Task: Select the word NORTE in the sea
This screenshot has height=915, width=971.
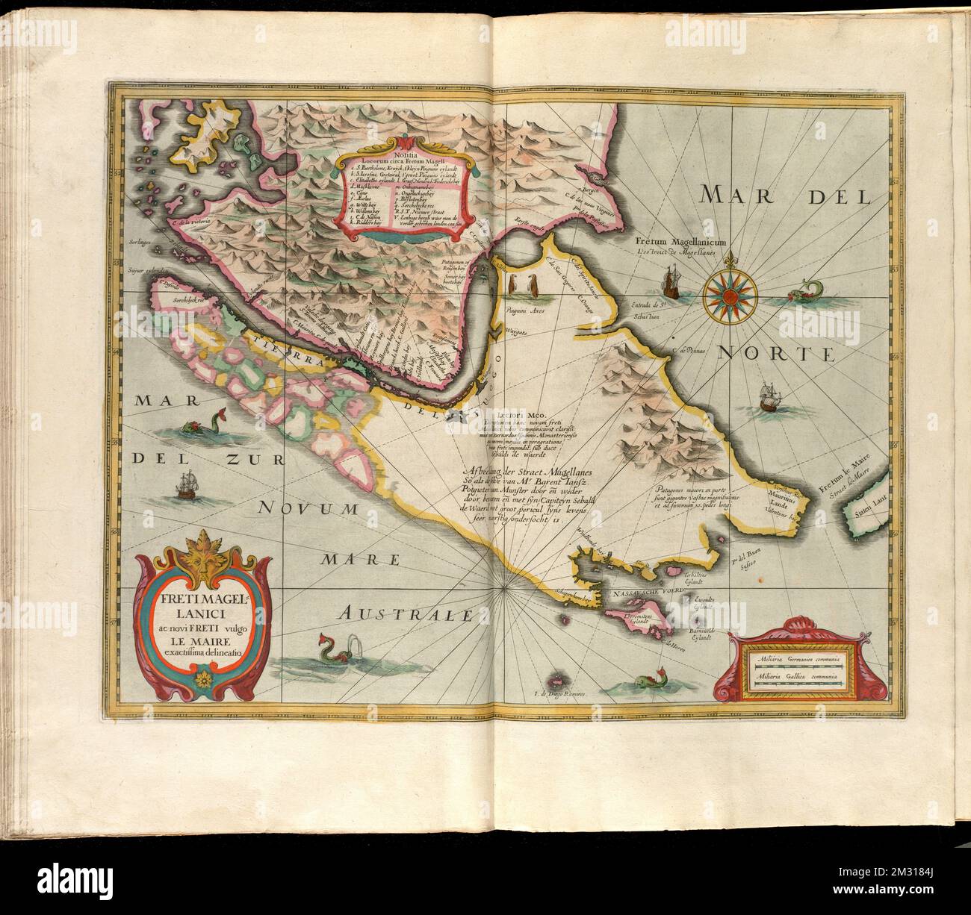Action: [x=775, y=355]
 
